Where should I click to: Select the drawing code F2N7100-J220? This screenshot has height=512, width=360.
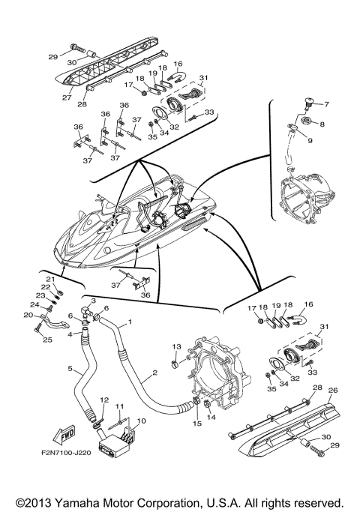coord(66,453)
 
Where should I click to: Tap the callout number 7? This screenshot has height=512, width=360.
coord(326,104)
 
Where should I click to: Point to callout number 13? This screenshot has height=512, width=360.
coord(176,347)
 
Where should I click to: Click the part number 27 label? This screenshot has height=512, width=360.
coord(67,97)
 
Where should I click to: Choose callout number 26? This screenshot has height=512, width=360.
coord(333,391)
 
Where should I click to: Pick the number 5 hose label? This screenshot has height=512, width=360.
coord(70,368)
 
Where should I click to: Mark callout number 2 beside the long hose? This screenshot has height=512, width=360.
coord(154,373)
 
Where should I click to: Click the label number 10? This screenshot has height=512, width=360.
coord(142,421)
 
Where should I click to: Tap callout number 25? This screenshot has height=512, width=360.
coord(47,340)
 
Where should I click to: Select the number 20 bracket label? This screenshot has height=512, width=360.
coord(28,315)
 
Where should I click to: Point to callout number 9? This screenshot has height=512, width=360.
coord(310,141)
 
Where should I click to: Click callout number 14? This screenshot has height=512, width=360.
coord(211,417)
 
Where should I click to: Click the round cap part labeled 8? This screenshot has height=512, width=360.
coord(307,121)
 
